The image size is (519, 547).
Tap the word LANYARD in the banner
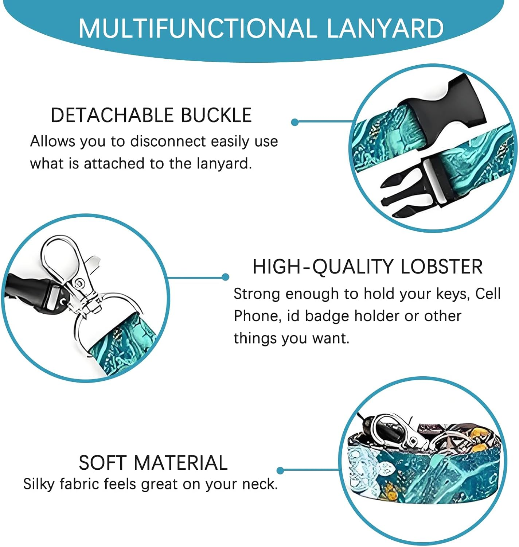click(385, 28)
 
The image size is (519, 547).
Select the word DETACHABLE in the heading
click(112, 115)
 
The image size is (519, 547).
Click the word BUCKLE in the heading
click(216, 115)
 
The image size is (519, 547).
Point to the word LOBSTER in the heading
click(441, 267)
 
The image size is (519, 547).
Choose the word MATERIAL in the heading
click(181, 463)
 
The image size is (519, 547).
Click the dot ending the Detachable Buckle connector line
click(294, 122)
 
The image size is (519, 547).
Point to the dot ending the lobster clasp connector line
click(226, 277)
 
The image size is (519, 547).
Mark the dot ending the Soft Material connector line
click(280, 470)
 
